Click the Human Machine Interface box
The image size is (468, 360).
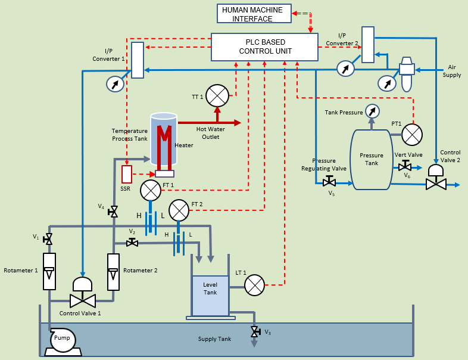tap(254, 14)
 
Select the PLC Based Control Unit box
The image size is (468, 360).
tap(264, 46)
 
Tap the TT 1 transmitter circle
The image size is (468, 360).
tap(218, 95)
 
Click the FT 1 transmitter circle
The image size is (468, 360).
tap(151, 191)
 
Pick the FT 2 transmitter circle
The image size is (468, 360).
tap(179, 210)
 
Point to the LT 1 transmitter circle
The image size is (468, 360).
tap(255, 285)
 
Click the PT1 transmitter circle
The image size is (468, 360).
tap(412, 135)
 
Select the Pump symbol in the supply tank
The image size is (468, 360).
tap(62, 340)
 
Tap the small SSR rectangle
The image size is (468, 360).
tap(126, 175)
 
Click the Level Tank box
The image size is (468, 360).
tap(210, 295)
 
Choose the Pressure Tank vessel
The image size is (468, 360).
tap(371, 159)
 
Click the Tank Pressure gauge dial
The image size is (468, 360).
tap(372, 111)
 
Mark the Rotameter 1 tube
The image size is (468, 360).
tap(49, 272)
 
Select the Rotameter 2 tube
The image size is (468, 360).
tap(113, 272)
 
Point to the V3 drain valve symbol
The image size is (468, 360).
tap(254, 331)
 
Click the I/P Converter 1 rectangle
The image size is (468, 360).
tap(138, 60)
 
